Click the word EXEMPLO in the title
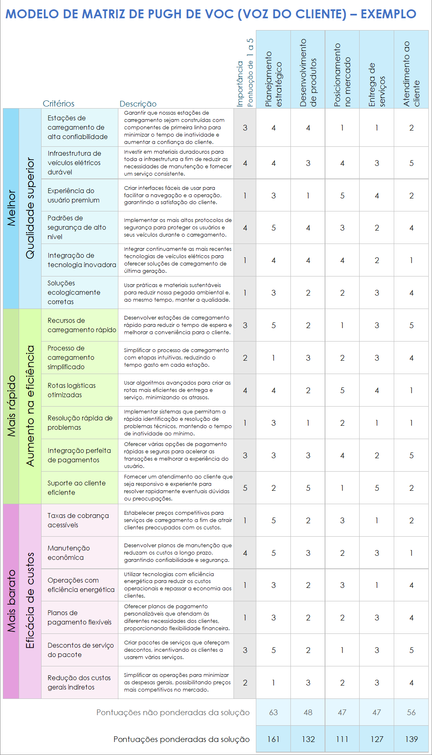pyautogui.click(x=388, y=14)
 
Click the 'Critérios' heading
pyautogui.click(x=59, y=104)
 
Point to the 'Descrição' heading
pyautogui.click(x=138, y=104)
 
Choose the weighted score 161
pyautogui.click(x=273, y=739)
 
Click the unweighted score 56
pyautogui.click(x=411, y=712)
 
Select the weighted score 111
pyautogui.click(x=342, y=739)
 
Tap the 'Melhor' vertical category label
pyautogui.click(x=11, y=208)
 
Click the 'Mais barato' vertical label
pyautogui.click(x=11, y=601)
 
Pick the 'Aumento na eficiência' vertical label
pyautogui.click(x=30, y=406)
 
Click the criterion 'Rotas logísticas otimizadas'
pyautogui.click(x=72, y=390)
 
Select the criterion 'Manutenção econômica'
pyautogui.click(x=68, y=553)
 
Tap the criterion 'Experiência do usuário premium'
pyautogui.click(x=73, y=196)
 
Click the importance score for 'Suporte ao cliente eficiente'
pyautogui.click(x=245, y=488)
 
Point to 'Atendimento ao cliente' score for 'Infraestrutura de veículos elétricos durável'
pyautogui.click(x=411, y=163)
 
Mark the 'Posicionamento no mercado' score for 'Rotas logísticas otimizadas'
pyautogui.click(x=342, y=390)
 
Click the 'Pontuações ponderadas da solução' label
pyautogui.click(x=181, y=739)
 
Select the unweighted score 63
pyautogui.click(x=273, y=712)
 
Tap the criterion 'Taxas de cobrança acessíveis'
pyautogui.click(x=78, y=520)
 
